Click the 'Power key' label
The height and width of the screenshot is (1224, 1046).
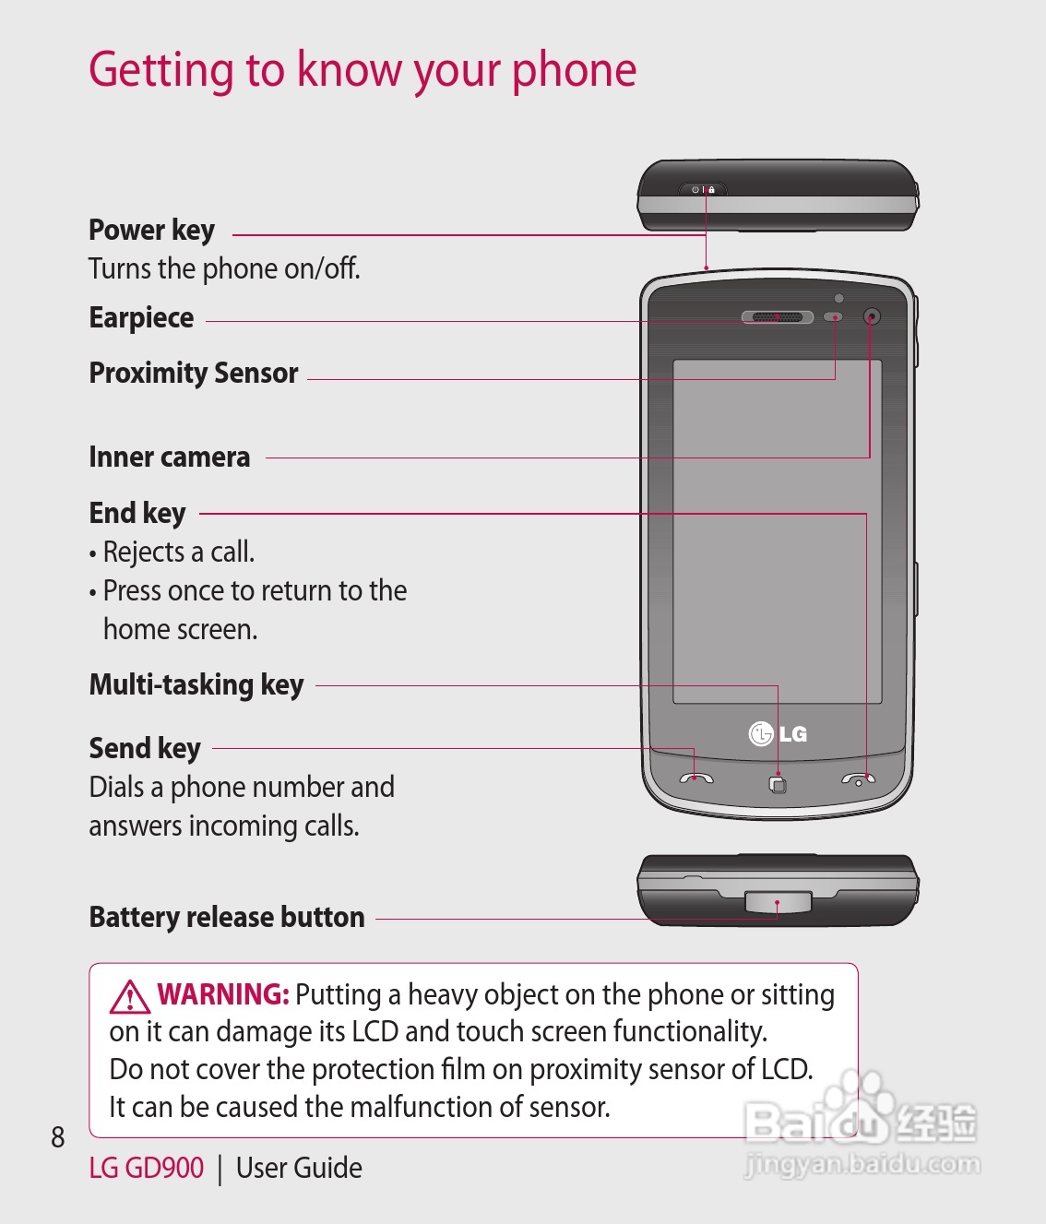(151, 230)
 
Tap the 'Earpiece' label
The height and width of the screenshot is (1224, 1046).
(141, 317)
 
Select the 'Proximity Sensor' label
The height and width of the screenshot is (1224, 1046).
(194, 373)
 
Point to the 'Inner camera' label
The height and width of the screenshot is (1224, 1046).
(169, 458)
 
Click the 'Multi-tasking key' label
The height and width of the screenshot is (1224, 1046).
(196, 685)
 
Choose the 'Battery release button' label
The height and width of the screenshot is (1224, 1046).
(227, 917)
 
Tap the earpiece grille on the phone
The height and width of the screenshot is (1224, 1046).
(777, 317)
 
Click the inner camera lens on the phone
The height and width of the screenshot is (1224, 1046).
(871, 317)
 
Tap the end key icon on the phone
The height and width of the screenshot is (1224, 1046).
(858, 780)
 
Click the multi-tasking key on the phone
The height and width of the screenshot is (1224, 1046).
(778, 785)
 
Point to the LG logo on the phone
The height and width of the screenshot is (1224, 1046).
(778, 734)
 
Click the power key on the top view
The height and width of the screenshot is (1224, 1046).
(703, 189)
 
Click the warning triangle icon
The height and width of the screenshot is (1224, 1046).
(130, 996)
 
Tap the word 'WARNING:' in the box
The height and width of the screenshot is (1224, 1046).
(223, 994)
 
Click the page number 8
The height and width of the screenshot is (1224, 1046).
(58, 1137)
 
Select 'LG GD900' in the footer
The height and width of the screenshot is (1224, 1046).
(146, 1168)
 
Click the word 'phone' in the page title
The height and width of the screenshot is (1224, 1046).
(574, 70)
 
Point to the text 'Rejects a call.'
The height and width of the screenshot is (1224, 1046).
(178, 552)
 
